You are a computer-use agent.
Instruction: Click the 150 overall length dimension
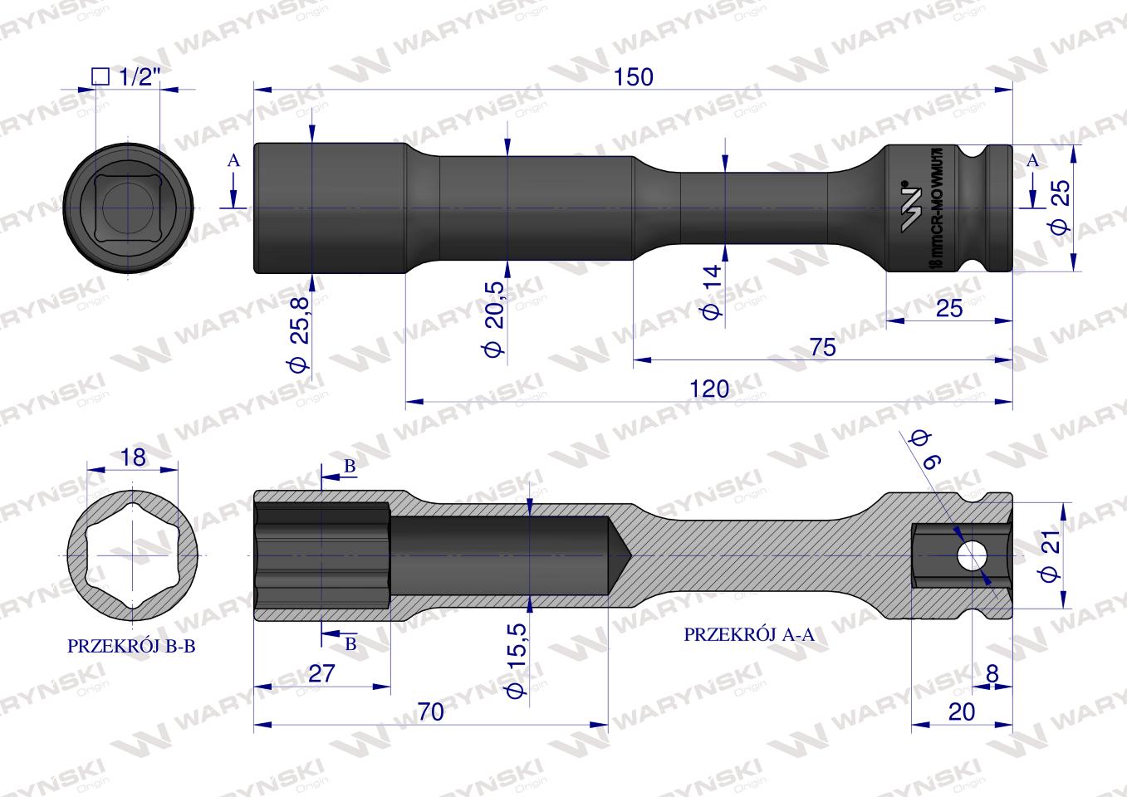634,77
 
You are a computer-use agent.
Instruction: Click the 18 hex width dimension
133,457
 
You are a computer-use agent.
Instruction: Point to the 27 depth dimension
321,673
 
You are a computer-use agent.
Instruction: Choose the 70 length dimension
431,712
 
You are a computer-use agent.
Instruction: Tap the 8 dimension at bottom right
992,673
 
